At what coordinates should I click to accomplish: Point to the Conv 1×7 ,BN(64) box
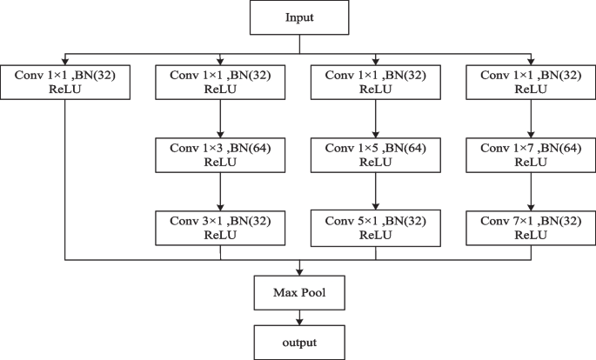[x=531, y=155]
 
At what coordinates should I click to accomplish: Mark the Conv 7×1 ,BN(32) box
[x=531, y=226]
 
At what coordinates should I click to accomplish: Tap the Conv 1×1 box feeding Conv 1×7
[x=531, y=83]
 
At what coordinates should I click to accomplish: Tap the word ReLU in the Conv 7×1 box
[x=531, y=234]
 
